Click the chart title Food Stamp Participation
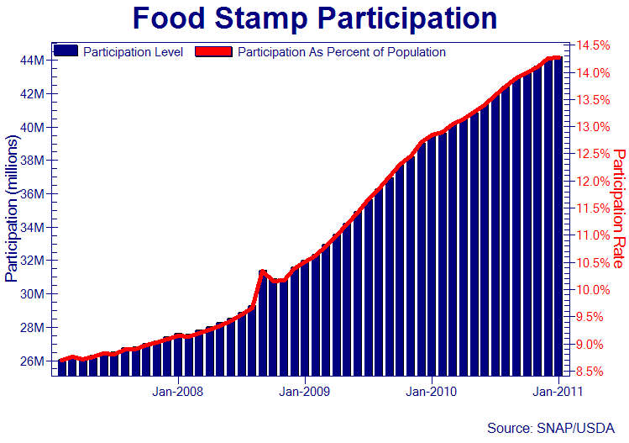(x=315, y=18)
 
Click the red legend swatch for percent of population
(x=213, y=52)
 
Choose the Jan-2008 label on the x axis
(x=177, y=391)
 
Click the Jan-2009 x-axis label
(x=304, y=391)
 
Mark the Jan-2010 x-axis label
(x=431, y=391)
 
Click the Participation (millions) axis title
(x=12, y=206)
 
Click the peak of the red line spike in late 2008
(x=263, y=272)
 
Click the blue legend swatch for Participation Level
(x=67, y=52)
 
